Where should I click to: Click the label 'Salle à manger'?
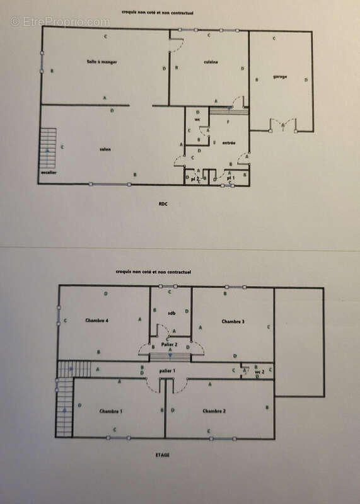(x=103, y=62)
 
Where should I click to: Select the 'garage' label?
(x=280, y=77)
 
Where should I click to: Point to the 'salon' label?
(x=105, y=149)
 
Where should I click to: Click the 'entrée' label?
(x=229, y=143)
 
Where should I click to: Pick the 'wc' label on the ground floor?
(x=197, y=119)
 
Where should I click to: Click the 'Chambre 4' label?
(x=97, y=321)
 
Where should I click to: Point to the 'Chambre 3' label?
(x=233, y=321)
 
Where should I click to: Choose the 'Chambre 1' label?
(x=110, y=411)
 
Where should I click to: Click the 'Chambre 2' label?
(x=214, y=411)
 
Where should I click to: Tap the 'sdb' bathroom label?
(x=171, y=312)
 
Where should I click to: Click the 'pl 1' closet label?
(x=231, y=178)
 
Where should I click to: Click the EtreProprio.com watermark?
(x=60, y=21)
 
